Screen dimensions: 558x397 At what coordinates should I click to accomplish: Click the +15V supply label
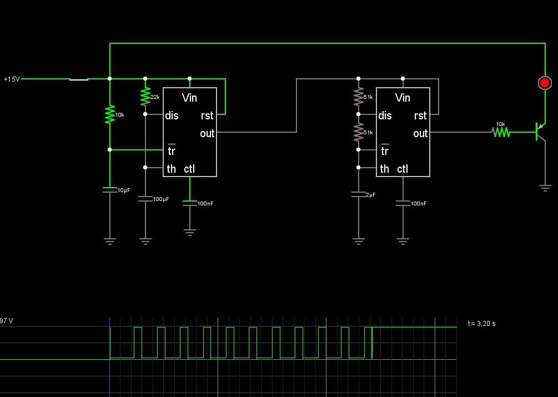click(12, 79)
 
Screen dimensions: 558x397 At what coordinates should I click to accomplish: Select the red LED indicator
click(545, 83)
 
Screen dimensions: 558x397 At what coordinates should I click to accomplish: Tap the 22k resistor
click(145, 97)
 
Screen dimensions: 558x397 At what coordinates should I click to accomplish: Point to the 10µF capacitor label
click(124, 190)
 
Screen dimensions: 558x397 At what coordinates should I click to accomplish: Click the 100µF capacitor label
click(161, 199)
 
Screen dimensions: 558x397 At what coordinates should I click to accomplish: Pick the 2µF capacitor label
click(370, 194)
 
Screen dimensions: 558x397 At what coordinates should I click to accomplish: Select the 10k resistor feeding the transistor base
click(501, 132)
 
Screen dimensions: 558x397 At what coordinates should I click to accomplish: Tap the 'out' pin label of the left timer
click(207, 133)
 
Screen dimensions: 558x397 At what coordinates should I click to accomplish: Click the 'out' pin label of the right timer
click(420, 133)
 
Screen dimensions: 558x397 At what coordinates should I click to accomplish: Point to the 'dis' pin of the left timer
click(172, 115)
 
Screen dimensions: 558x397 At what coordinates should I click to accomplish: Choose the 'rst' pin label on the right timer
click(420, 115)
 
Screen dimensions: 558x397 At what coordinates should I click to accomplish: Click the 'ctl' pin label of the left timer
click(189, 169)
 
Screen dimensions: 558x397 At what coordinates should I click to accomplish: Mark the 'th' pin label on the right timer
click(385, 169)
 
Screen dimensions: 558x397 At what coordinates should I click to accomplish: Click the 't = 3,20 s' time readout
click(481, 323)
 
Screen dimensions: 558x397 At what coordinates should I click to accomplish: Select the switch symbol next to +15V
click(79, 79)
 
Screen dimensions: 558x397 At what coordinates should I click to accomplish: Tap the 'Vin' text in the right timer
click(403, 98)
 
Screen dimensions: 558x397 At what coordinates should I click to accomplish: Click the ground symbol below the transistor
click(545, 188)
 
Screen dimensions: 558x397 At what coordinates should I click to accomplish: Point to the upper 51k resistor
click(358, 97)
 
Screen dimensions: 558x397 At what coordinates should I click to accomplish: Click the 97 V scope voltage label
click(7, 320)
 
